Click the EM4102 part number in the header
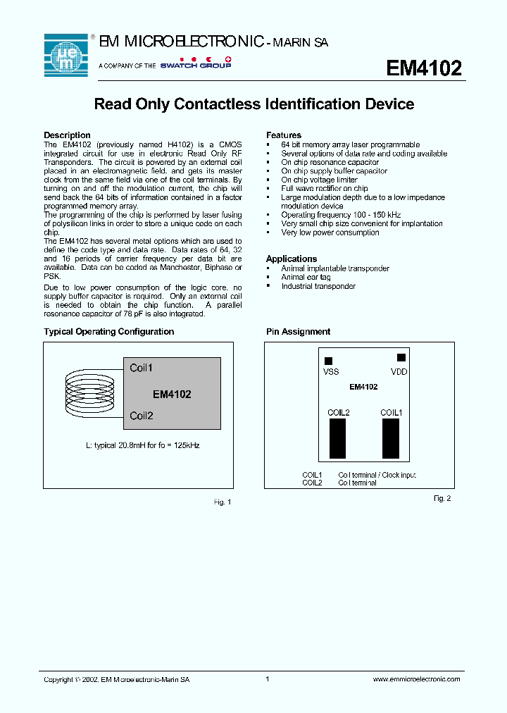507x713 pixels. [x=424, y=68]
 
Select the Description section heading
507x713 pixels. [x=67, y=135]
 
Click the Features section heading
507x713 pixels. [x=284, y=135]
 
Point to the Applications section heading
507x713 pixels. [x=292, y=259]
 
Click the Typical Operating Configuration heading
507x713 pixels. [x=108, y=332]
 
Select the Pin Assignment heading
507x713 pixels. [x=298, y=332]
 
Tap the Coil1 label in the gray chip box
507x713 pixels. [x=141, y=368]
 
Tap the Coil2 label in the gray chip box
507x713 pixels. [x=141, y=416]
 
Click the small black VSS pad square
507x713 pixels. [x=328, y=361]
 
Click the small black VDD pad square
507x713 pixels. [x=401, y=358]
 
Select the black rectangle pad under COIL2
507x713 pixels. [x=338, y=438]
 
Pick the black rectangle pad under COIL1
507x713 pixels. [x=391, y=438]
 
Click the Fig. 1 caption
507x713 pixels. [x=222, y=502]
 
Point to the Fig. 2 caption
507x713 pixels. [x=442, y=498]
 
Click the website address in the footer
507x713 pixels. [x=415, y=679]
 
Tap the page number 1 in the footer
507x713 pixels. [x=268, y=679]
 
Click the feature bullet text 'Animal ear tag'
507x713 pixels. [x=306, y=278]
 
